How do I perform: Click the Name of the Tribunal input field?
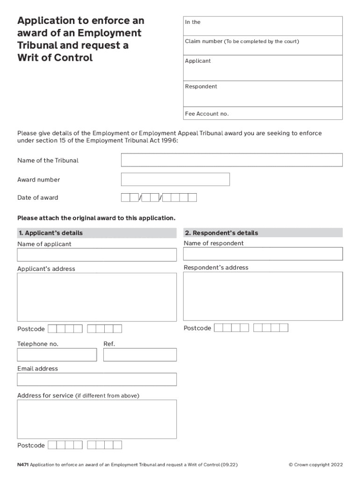point(231,160)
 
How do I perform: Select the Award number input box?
point(175,180)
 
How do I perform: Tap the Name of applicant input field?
point(97,255)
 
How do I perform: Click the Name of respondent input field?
point(263,254)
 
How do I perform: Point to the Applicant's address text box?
point(97,297)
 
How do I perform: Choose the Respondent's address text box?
point(263,296)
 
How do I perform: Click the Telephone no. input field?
point(57,355)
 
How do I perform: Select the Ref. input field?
point(140,355)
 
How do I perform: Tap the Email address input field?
point(97,379)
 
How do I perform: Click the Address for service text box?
point(97,419)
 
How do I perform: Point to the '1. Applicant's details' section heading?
point(50,233)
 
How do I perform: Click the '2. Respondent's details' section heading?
point(221,233)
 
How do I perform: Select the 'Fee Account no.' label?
point(207,114)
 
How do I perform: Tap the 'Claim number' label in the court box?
point(203,42)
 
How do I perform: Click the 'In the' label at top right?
point(193,22)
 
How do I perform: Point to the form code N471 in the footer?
point(22,465)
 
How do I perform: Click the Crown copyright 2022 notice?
point(316,465)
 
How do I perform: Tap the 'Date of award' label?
point(38,198)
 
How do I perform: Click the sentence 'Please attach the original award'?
point(96,218)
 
